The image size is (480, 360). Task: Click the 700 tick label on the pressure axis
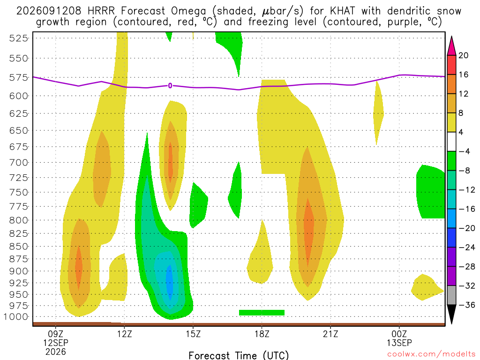click(19, 163)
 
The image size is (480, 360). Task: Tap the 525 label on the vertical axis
click(19, 38)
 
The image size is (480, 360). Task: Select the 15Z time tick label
click(193, 334)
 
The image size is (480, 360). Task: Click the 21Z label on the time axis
click(330, 334)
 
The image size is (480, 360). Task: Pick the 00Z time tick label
click(399, 334)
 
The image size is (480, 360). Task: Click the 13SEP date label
click(399, 343)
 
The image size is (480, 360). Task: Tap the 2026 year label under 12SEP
click(56, 352)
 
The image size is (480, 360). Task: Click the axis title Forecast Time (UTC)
click(239, 355)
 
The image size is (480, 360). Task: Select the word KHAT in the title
click(343, 11)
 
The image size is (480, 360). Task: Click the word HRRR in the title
click(101, 11)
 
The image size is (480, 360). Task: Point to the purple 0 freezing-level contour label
click(170, 86)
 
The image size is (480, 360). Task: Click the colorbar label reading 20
click(464, 55)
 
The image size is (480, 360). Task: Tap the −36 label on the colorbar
click(466, 305)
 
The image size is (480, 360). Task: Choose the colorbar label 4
click(461, 132)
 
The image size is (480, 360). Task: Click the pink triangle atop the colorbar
click(451, 46)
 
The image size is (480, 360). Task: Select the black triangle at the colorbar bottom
click(451, 314)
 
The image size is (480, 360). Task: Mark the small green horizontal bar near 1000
click(262, 313)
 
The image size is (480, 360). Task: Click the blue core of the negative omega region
click(169, 282)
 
